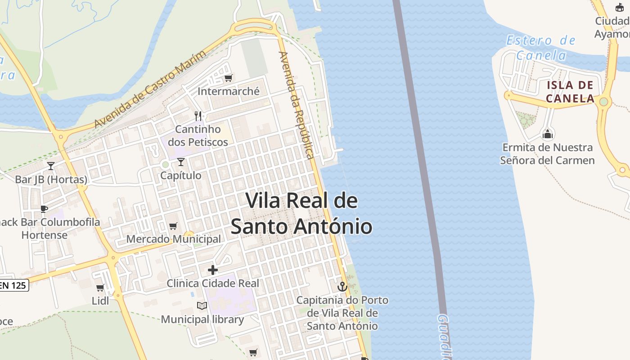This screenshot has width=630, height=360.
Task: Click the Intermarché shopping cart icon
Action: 229,78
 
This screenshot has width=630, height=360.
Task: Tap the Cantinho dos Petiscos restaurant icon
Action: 198,116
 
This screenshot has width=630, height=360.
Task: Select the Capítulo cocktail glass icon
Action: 181,162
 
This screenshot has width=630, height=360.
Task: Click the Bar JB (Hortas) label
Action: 51,180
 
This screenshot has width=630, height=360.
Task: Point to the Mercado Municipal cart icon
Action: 173,226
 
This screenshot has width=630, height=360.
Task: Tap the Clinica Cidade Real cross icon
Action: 213,270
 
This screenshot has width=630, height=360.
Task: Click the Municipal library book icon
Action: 202,306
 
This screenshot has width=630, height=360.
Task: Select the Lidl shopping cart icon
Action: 100,288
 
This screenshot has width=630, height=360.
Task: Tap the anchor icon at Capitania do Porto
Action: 342,286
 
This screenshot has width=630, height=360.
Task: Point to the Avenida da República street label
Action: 296,105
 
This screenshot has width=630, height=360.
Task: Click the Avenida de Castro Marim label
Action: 150,89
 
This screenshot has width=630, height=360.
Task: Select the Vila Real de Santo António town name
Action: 301,214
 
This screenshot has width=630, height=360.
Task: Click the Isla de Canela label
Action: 570,92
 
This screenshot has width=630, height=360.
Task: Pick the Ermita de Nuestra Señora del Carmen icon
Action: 548,134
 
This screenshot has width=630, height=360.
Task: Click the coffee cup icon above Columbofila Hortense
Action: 44,208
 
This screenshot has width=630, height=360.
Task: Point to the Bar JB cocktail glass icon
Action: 51,166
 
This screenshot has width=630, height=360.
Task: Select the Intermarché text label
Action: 229,91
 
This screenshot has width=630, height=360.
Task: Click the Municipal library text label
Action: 202,319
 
